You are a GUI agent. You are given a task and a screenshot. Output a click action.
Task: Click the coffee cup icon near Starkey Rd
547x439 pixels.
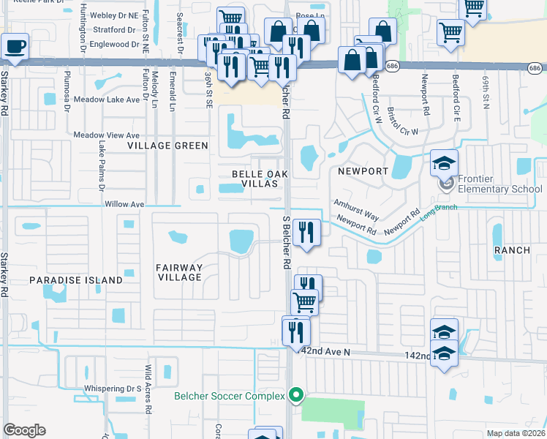[x=15, y=47]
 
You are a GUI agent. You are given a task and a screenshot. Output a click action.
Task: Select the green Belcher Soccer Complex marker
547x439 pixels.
[x=296, y=396]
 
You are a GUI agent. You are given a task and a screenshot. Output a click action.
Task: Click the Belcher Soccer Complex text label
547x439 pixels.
[x=228, y=396]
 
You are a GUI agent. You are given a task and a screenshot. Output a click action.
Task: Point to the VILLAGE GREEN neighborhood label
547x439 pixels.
[x=168, y=146]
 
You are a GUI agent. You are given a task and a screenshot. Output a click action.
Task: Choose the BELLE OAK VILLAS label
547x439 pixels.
[x=255, y=179]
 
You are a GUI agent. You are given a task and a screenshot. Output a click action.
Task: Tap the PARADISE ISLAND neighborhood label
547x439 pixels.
[x=76, y=280]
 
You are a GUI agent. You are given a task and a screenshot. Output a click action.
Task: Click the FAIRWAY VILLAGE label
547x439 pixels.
[x=179, y=272]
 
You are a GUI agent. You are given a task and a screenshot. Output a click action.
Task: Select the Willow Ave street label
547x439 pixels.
[x=124, y=204]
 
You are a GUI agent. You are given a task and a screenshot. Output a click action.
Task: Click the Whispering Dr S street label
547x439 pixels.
[x=113, y=389]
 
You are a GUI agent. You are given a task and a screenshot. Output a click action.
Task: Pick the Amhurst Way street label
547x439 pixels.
[x=357, y=207]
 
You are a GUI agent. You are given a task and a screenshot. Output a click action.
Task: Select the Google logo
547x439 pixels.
[x=25, y=429]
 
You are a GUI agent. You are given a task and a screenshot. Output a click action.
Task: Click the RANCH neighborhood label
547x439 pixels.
[x=512, y=250]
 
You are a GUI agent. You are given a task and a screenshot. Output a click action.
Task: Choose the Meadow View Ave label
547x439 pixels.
[x=106, y=135]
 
